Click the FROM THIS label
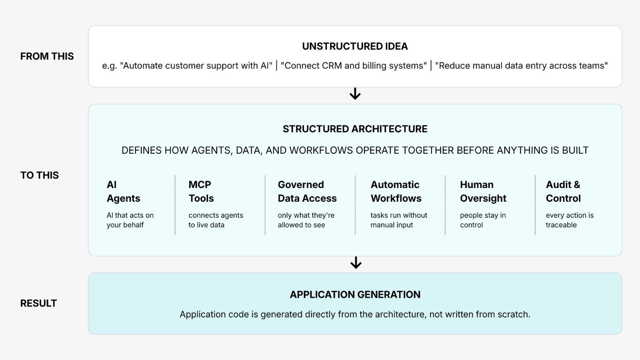click(47, 56)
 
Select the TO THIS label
click(39, 175)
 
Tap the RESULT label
click(38, 303)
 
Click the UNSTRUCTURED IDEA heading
click(355, 46)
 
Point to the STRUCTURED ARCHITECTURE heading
click(355, 129)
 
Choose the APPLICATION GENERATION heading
click(355, 295)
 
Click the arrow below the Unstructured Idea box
click(355, 94)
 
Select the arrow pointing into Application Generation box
click(356, 263)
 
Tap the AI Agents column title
click(123, 191)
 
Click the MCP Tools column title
click(201, 191)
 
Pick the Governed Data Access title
click(307, 191)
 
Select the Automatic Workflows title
click(396, 191)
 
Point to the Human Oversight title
click(483, 191)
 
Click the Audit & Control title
click(563, 191)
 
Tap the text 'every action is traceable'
click(570, 220)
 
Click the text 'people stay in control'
click(483, 220)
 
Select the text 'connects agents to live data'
click(216, 220)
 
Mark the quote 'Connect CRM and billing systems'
click(353, 66)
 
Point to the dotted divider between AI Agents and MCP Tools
click(175, 205)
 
